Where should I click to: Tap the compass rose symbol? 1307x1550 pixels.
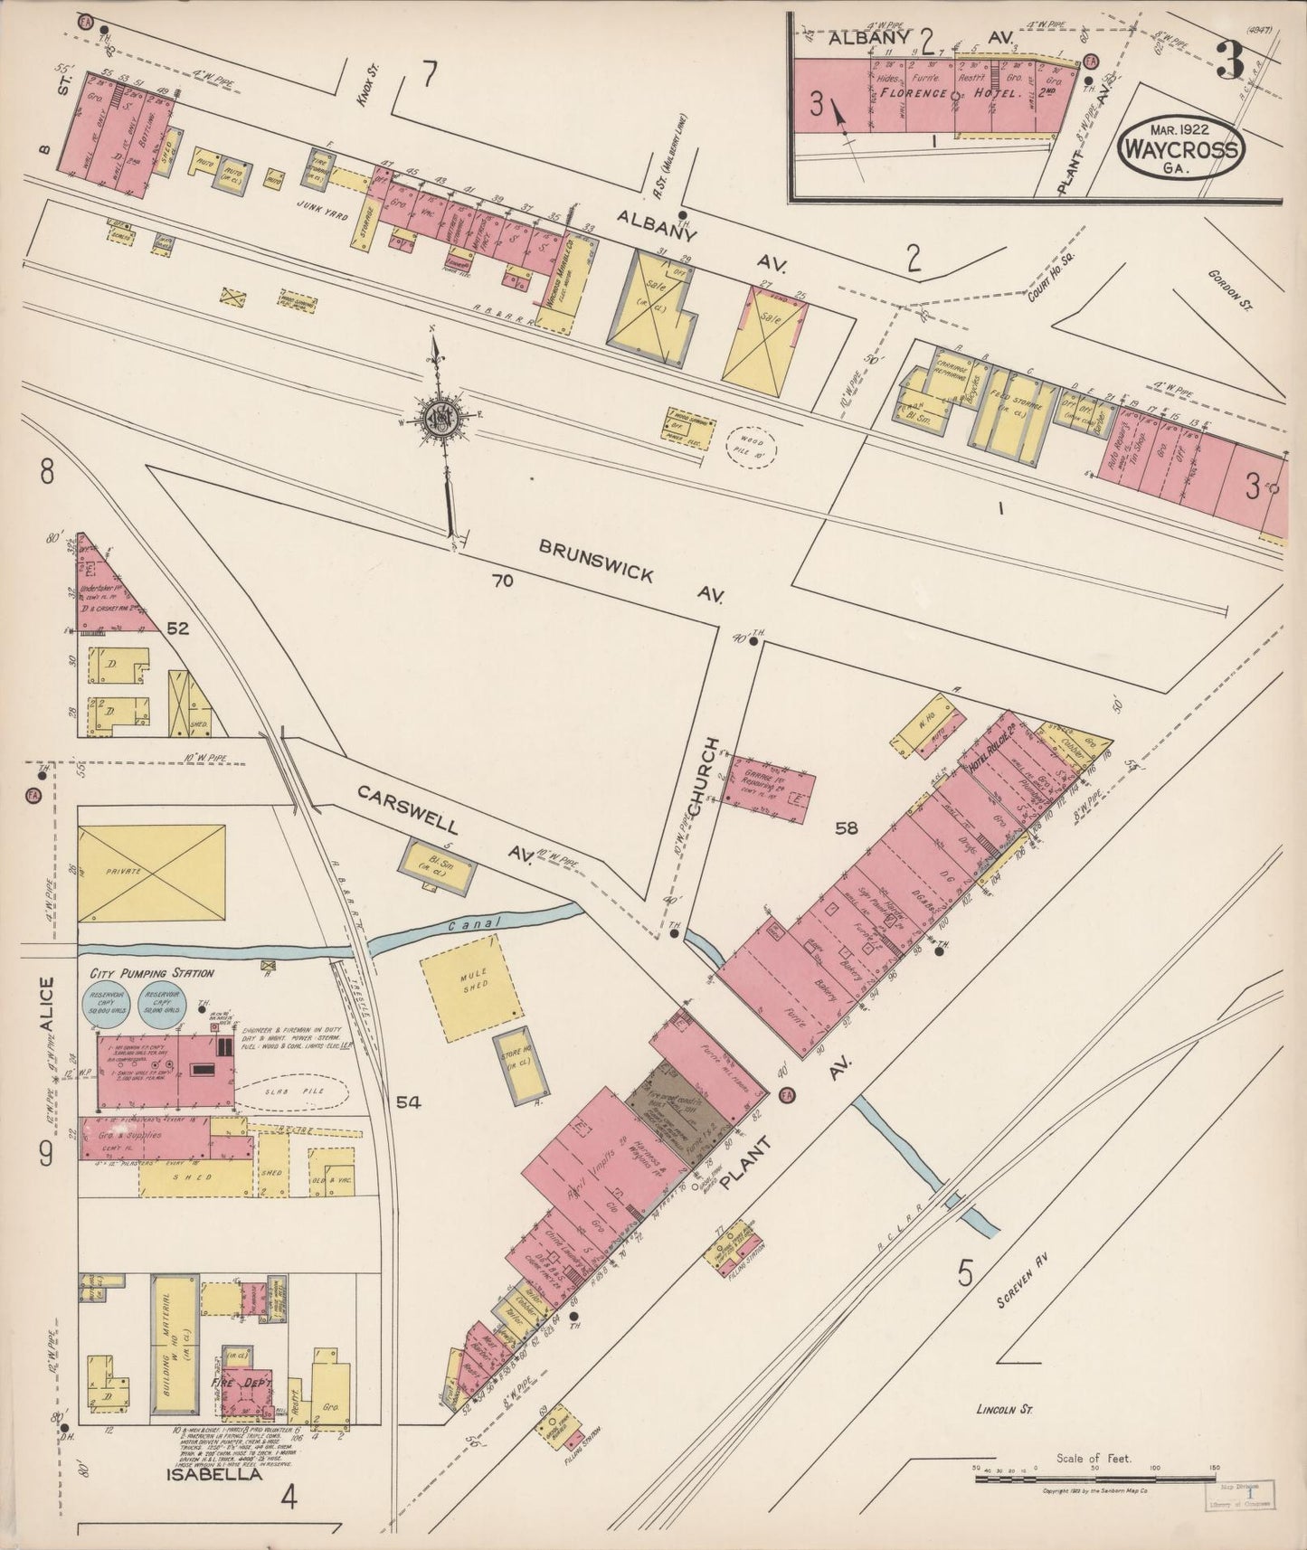click(x=444, y=420)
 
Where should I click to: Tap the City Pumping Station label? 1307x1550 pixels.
click(x=152, y=973)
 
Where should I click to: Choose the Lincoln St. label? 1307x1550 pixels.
click(x=1004, y=1434)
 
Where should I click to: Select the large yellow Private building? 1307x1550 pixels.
click(x=151, y=874)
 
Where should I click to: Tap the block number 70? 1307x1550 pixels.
click(x=502, y=581)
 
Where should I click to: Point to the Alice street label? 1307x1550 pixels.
click(x=46, y=1008)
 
